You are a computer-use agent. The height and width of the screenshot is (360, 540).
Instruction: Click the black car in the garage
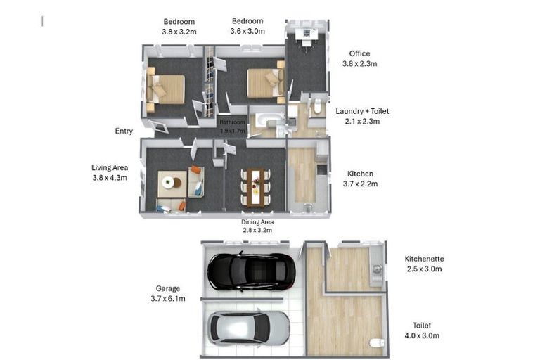pyautogui.click(x=251, y=271)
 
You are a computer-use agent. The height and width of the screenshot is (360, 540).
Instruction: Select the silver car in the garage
pyautogui.click(x=248, y=327)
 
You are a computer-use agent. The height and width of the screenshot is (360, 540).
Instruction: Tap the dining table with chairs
pyautogui.click(x=255, y=186)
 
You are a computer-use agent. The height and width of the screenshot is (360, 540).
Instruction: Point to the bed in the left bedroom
pyautogui.click(x=166, y=90)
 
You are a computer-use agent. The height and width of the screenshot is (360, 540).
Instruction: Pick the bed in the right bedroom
pyautogui.click(x=266, y=83)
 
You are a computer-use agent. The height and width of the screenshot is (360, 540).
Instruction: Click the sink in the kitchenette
pyautogui.click(x=377, y=269)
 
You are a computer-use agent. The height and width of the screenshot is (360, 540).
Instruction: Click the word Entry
pyautogui.click(x=124, y=131)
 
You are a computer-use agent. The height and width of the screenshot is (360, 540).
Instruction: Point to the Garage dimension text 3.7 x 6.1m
pyautogui.click(x=168, y=299)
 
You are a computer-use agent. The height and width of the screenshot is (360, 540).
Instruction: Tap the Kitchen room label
pyautogui.click(x=361, y=174)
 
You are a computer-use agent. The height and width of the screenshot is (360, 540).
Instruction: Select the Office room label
pyautogui.click(x=360, y=53)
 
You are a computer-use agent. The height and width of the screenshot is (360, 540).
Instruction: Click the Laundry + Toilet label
pyautogui.click(x=362, y=111)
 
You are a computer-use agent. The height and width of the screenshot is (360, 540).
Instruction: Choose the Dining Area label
pyautogui.click(x=257, y=221)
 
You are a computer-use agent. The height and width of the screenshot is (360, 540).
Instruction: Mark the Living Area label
pyautogui.click(x=110, y=167)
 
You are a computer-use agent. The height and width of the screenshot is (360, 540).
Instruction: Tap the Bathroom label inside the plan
pyautogui.click(x=232, y=121)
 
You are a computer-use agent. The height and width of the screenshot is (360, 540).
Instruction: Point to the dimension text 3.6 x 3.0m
pyautogui.click(x=247, y=31)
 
